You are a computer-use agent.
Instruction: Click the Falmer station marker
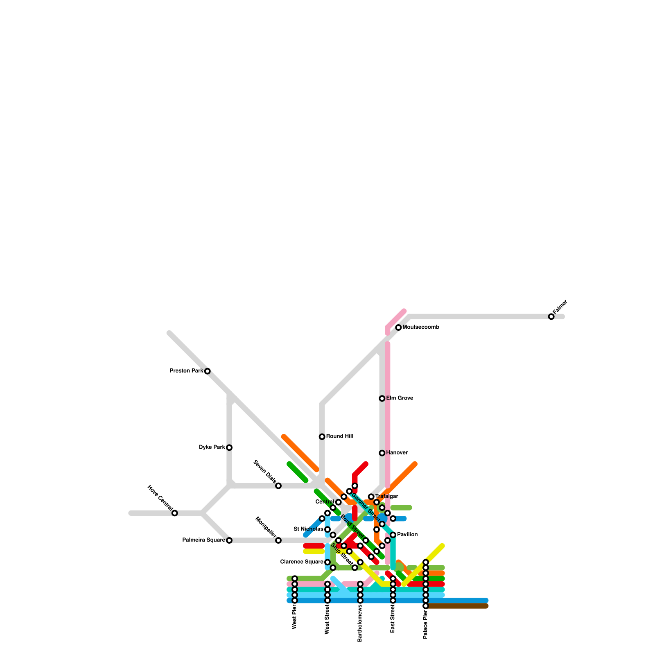coord(551,316)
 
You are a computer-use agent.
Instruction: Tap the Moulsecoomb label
coord(421,327)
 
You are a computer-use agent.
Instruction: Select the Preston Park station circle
coord(208,371)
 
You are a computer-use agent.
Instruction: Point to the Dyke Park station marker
coord(229,447)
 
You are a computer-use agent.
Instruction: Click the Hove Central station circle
coord(175,513)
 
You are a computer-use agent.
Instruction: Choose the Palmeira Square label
coord(203,540)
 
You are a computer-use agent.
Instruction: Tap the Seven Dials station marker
coord(278,486)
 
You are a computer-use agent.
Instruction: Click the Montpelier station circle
coord(278,540)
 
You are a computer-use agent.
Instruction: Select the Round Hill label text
coord(340,436)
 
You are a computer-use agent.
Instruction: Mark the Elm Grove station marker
coord(382,398)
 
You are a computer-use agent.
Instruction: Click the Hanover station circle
coord(382,453)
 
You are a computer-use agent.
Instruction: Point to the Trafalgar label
coord(386,497)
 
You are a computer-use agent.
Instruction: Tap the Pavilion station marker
coord(393,535)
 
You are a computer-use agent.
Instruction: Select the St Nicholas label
coord(309,529)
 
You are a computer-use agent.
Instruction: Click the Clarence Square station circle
coord(327,562)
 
